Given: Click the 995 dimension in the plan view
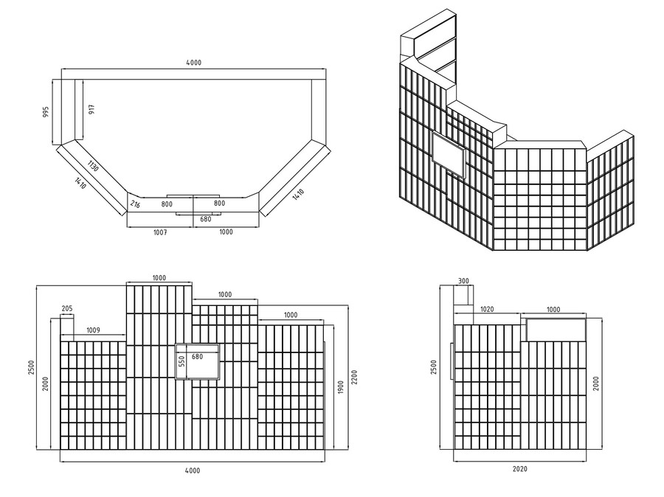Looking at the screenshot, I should pos(46,111).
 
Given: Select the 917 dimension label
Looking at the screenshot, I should pos(91,109).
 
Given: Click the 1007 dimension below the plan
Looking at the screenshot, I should pos(160,232).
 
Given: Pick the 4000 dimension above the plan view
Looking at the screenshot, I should pos(193,63).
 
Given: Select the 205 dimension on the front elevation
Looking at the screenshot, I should pos(67,309).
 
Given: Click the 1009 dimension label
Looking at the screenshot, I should pos(94,331).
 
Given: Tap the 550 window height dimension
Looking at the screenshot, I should pos(181,361).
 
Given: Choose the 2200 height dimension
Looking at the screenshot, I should pos(355,377).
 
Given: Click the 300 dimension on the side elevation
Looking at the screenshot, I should pos(463,281).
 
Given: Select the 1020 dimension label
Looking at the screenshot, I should pos(487,310).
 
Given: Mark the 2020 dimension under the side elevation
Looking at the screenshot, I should pos(519,468).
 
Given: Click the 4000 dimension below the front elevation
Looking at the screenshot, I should pos(192,470).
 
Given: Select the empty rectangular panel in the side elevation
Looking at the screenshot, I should pos(555,330).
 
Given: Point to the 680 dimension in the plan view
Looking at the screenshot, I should pos(207,219).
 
